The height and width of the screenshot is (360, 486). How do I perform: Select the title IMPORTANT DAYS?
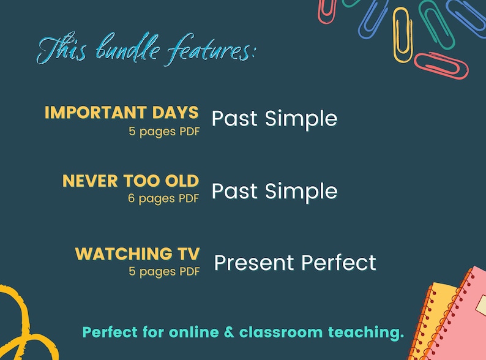(122, 113)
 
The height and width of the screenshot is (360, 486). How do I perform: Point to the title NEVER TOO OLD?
(130, 181)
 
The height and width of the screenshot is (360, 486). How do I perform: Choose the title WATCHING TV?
(137, 253)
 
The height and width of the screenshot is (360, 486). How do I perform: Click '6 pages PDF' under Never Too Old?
(163, 198)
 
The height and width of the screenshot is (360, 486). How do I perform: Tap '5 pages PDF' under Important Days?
(163, 131)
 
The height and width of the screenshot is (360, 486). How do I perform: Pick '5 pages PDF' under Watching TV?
(163, 271)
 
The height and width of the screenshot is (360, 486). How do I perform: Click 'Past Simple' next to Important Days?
(274, 118)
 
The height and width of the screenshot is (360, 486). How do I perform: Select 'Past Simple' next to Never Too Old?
(274, 191)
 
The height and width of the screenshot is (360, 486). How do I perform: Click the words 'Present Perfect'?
(295, 263)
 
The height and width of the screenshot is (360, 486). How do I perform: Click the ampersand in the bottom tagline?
(228, 333)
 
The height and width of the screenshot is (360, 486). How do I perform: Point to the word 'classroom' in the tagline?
(280, 333)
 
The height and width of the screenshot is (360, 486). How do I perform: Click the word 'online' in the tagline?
(188, 333)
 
